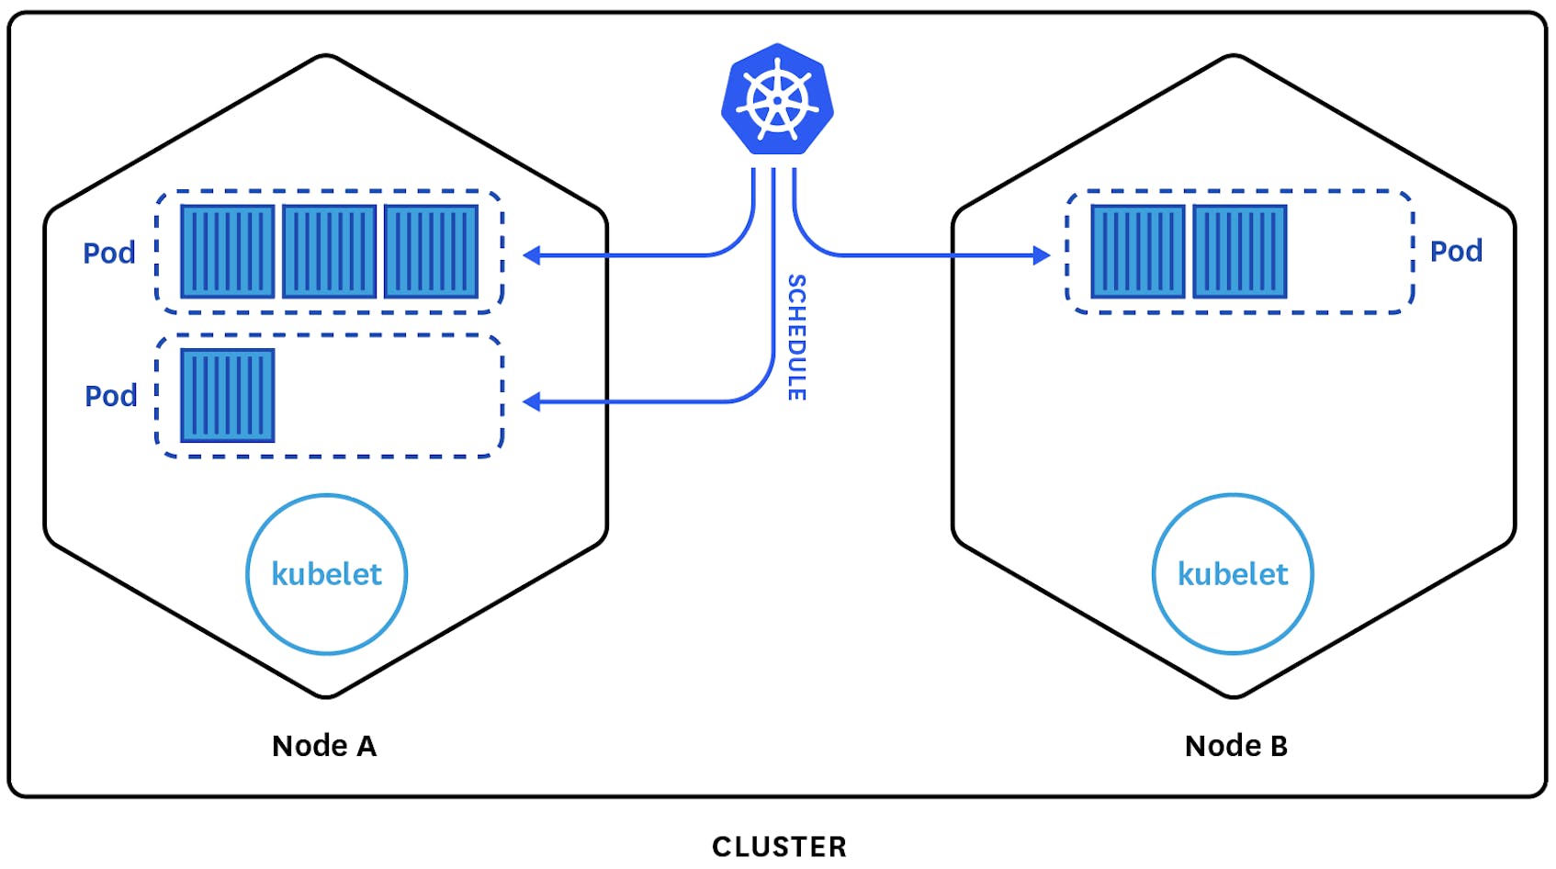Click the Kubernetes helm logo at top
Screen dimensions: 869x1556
pos(777,99)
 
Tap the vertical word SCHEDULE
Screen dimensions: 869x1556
pos(796,337)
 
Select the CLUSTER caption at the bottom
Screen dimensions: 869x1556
pos(779,846)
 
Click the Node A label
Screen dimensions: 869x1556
pos(324,745)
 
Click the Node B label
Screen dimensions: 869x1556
pos(1236,745)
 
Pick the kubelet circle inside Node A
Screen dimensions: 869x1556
pos(327,574)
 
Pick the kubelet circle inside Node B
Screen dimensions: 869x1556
pos(1233,574)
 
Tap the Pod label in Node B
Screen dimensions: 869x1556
pos(1456,251)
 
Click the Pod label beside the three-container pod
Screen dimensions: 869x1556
pos(109,253)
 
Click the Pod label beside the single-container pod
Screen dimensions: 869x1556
pos(111,396)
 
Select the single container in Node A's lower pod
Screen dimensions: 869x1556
pos(228,396)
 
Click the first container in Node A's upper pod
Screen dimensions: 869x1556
pos(228,252)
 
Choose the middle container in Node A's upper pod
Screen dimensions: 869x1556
pos(329,252)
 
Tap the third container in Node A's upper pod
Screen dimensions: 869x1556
pos(431,252)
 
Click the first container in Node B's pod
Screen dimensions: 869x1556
pos(1138,252)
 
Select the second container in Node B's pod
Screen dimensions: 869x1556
pos(1240,252)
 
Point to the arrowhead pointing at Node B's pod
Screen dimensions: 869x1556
pos(1042,255)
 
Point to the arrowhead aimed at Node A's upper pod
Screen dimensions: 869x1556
pos(531,255)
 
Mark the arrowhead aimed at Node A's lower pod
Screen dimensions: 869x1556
pos(531,401)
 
